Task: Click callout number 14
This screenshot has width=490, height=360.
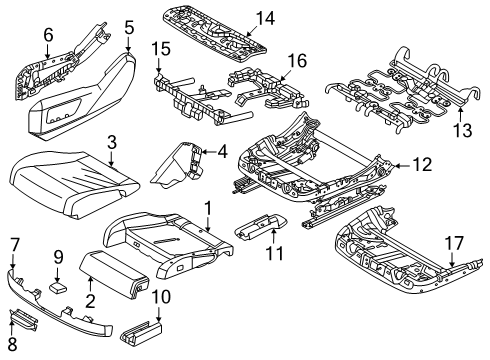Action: click(x=265, y=19)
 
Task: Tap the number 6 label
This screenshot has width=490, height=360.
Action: click(x=48, y=35)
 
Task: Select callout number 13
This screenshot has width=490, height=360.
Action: click(x=463, y=130)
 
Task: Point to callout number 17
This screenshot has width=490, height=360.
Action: click(x=454, y=243)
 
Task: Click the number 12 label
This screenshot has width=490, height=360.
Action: click(x=422, y=164)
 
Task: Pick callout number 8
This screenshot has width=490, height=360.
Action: click(x=12, y=345)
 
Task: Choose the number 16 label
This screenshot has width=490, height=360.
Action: click(x=297, y=61)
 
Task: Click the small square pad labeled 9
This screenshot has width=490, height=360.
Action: click(x=58, y=287)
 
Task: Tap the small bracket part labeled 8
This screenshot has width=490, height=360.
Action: click(x=23, y=320)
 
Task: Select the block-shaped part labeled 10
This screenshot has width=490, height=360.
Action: click(x=141, y=333)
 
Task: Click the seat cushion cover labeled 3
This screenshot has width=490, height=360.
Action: click(x=74, y=183)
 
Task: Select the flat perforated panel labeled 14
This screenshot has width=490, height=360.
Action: click(x=215, y=32)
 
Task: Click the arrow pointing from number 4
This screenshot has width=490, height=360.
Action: click(x=209, y=152)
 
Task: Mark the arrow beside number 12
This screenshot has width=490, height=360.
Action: click(x=402, y=165)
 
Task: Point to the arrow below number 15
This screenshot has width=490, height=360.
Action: click(x=159, y=65)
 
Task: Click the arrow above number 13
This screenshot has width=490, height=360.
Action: click(x=460, y=114)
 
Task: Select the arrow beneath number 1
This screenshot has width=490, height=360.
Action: click(x=207, y=223)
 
